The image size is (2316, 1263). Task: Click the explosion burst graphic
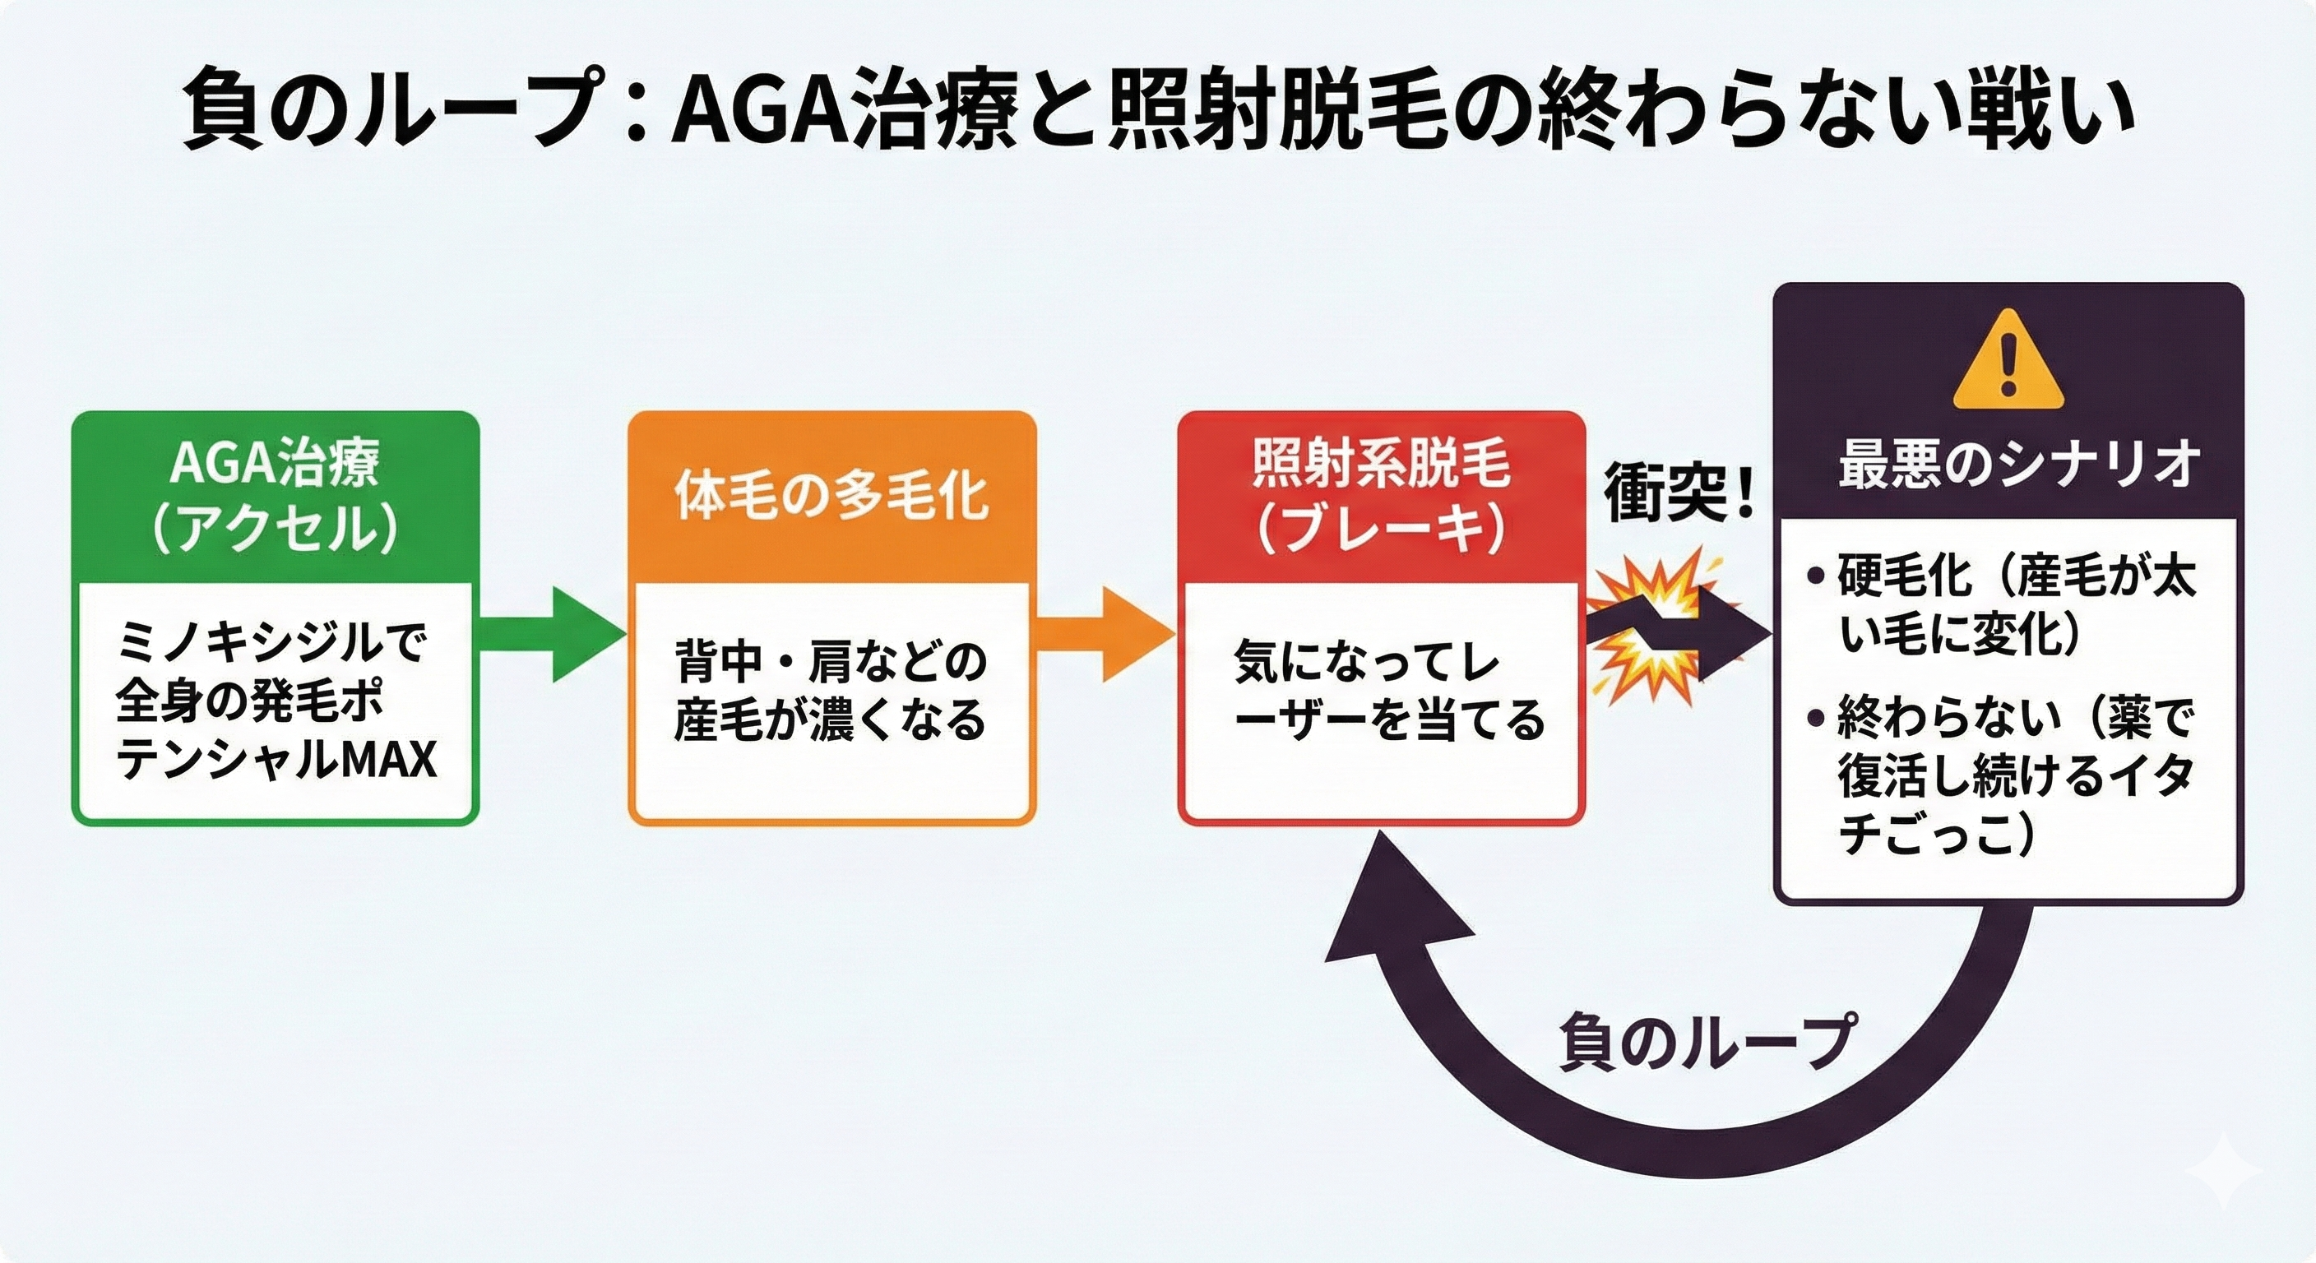click(x=1652, y=629)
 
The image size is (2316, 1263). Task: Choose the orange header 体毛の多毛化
click(x=831, y=495)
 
